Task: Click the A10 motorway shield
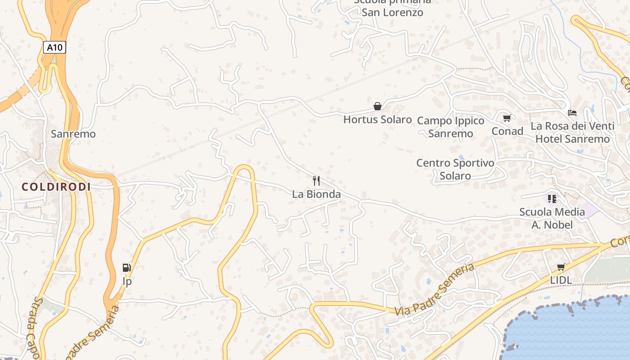(x=55, y=47)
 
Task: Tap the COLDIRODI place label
(x=56, y=187)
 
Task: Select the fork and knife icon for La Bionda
(x=316, y=181)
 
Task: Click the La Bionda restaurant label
(x=316, y=194)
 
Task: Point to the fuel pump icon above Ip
(x=127, y=268)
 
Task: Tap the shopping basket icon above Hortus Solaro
(x=378, y=106)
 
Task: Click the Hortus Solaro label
(x=378, y=120)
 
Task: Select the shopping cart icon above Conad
(x=507, y=118)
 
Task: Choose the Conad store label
(x=507, y=131)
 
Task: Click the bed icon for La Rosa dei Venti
(x=572, y=112)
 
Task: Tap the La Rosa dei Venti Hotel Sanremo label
(x=572, y=132)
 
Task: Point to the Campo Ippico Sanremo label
(x=450, y=127)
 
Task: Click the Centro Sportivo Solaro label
(x=455, y=169)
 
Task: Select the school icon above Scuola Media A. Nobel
(x=552, y=198)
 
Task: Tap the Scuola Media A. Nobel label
(x=552, y=218)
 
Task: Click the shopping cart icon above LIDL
(x=561, y=267)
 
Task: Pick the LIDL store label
(x=561, y=280)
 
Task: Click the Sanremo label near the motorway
(x=73, y=134)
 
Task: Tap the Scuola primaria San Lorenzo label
(x=392, y=7)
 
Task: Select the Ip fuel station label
(x=127, y=281)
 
